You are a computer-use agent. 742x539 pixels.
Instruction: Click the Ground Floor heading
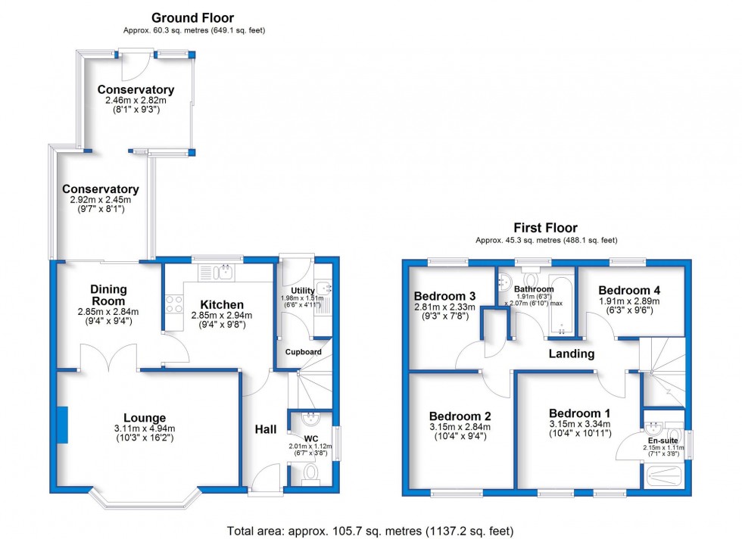pos(193,18)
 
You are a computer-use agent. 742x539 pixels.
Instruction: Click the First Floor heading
pos(545,228)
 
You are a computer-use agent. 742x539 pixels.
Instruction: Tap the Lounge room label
pos(145,418)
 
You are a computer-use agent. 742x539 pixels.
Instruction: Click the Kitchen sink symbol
pos(218,272)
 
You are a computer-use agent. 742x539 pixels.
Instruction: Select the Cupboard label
pos(303,352)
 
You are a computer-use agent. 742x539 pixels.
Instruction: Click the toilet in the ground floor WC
pos(310,474)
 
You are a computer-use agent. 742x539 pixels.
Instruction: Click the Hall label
pos(265,429)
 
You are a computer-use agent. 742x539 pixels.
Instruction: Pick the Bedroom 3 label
pos(444,295)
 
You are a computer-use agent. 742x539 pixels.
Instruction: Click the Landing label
pos(571,354)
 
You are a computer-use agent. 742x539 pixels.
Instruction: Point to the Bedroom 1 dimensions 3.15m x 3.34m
pos(579,424)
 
